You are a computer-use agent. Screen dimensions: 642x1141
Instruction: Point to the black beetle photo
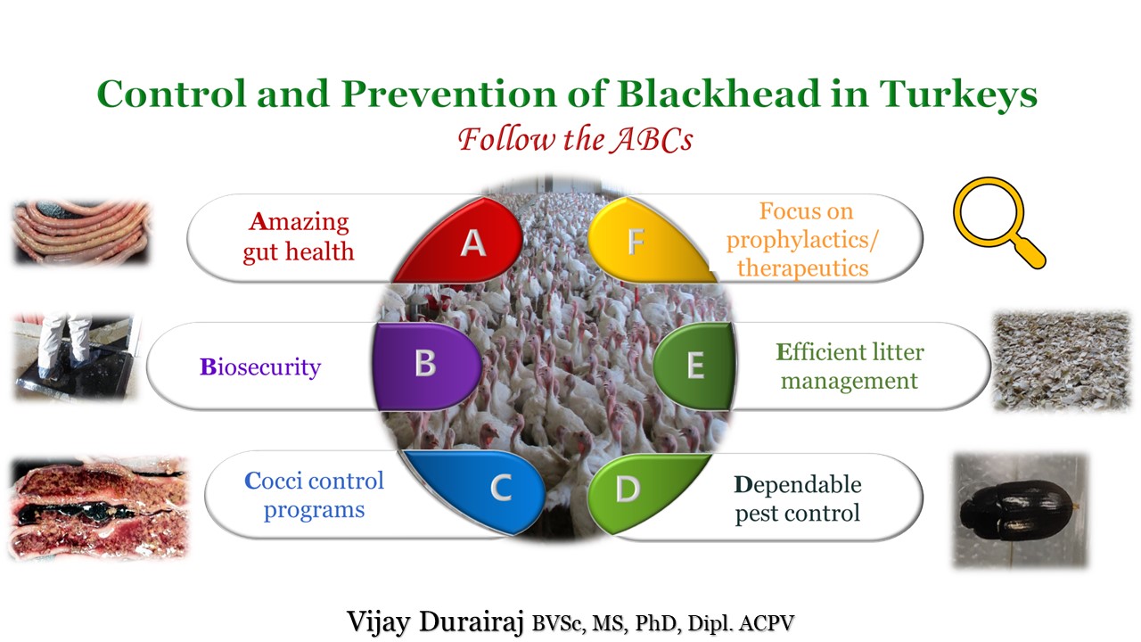(1020, 509)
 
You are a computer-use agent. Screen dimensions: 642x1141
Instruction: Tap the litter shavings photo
(1061, 360)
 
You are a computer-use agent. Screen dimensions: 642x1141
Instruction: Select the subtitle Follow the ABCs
(575, 139)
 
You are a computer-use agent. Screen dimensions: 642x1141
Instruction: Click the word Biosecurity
(259, 366)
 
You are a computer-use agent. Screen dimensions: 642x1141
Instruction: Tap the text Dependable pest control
(798, 498)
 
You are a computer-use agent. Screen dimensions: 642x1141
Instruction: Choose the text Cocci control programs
(314, 495)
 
